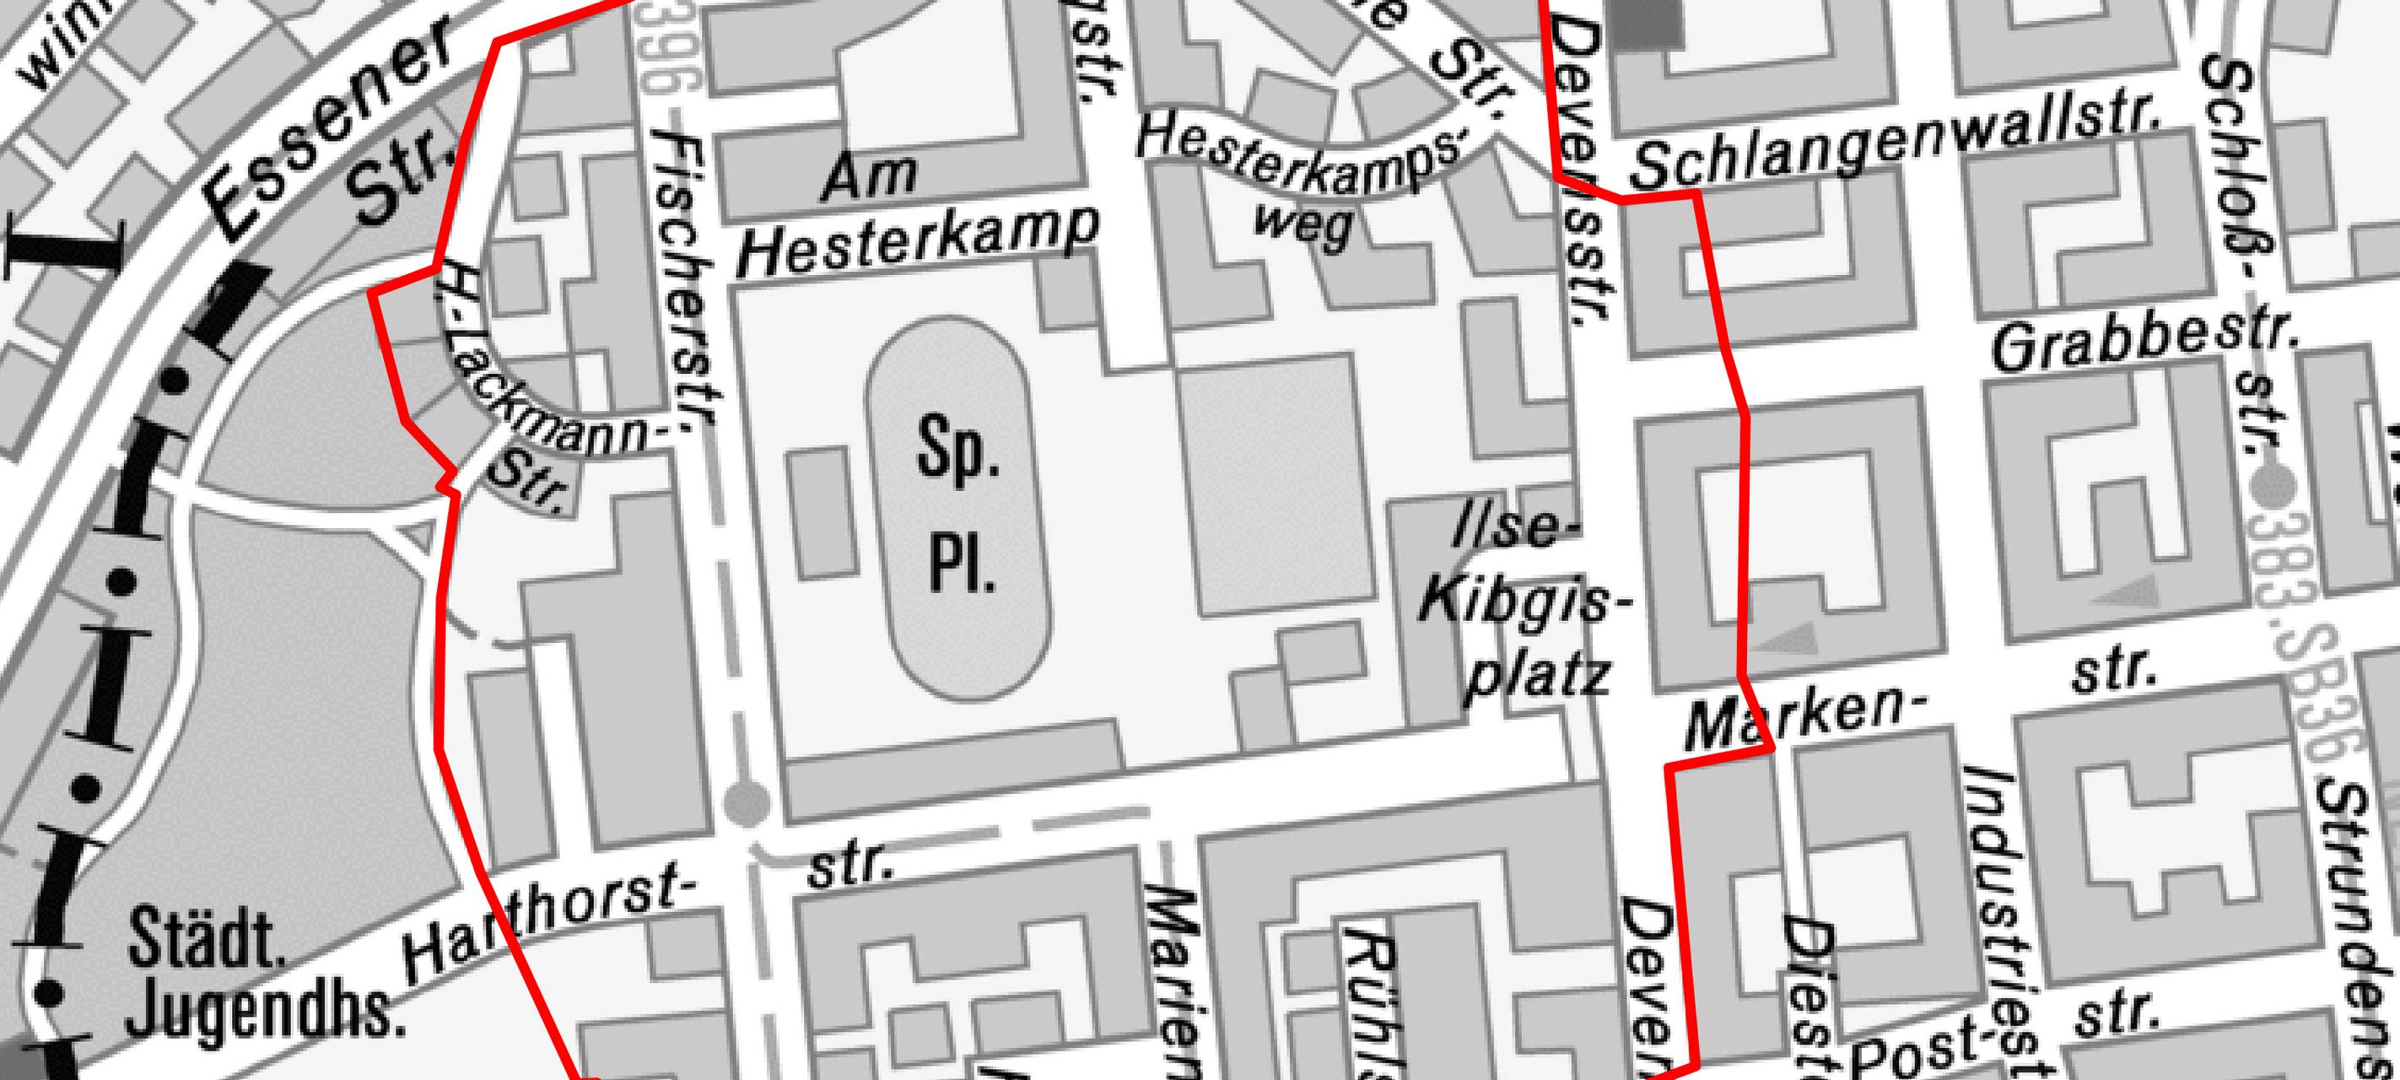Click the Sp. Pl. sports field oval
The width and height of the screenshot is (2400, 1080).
pos(958,509)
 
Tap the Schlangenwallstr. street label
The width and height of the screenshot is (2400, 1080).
pos(1896,149)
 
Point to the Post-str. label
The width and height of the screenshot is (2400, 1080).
pos(2004,1044)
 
